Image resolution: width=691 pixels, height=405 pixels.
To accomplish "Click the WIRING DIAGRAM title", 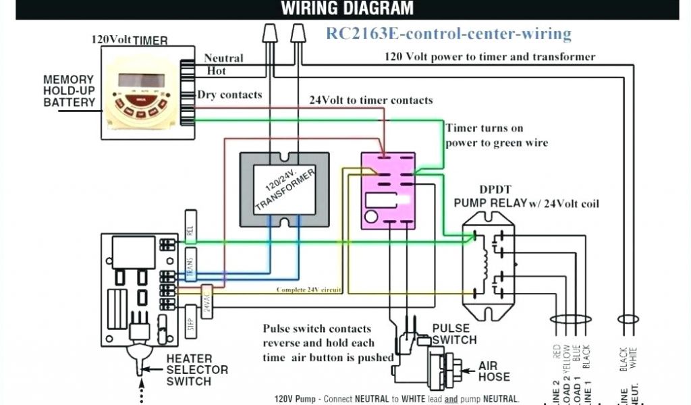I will (x=347, y=9).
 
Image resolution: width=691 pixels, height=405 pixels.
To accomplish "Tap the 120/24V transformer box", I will (x=285, y=188).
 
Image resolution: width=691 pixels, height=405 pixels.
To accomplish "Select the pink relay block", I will (x=387, y=190).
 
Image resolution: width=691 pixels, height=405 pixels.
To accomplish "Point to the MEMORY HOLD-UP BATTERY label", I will (x=69, y=91).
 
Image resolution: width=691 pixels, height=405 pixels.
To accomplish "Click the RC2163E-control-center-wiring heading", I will (x=449, y=33).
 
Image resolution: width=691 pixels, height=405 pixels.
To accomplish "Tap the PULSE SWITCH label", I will (x=454, y=333).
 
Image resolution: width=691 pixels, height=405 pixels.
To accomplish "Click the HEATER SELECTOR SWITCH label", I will (x=197, y=370).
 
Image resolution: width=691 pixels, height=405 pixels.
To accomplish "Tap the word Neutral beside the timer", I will (x=223, y=59).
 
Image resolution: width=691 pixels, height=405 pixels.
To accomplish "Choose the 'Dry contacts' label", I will (x=229, y=95).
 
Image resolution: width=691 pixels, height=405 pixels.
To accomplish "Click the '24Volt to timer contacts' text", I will (x=370, y=101).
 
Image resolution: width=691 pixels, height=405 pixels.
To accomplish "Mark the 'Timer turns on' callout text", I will (x=484, y=128).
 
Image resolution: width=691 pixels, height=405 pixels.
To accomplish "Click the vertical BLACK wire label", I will (x=586, y=356).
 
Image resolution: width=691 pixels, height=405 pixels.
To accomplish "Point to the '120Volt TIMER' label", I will (x=130, y=40).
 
